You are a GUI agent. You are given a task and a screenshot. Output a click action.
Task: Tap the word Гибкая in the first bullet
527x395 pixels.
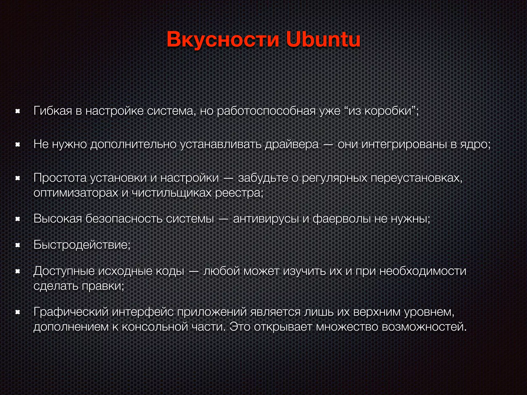point(53,111)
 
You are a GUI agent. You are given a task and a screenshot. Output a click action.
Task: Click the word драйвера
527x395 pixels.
point(292,144)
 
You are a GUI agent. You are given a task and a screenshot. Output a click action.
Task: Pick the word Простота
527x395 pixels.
point(60,178)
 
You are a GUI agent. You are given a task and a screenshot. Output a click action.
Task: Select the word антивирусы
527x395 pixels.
point(266,219)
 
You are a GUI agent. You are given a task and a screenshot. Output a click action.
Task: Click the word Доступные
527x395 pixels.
point(64,271)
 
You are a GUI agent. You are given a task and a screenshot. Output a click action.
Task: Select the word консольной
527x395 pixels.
point(155,327)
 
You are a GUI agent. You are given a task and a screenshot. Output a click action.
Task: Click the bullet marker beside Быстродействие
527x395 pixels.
point(17,245)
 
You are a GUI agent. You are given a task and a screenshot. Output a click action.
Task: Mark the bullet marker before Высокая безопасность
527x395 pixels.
point(17,219)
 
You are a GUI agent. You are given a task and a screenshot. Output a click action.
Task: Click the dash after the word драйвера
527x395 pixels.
point(328,145)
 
